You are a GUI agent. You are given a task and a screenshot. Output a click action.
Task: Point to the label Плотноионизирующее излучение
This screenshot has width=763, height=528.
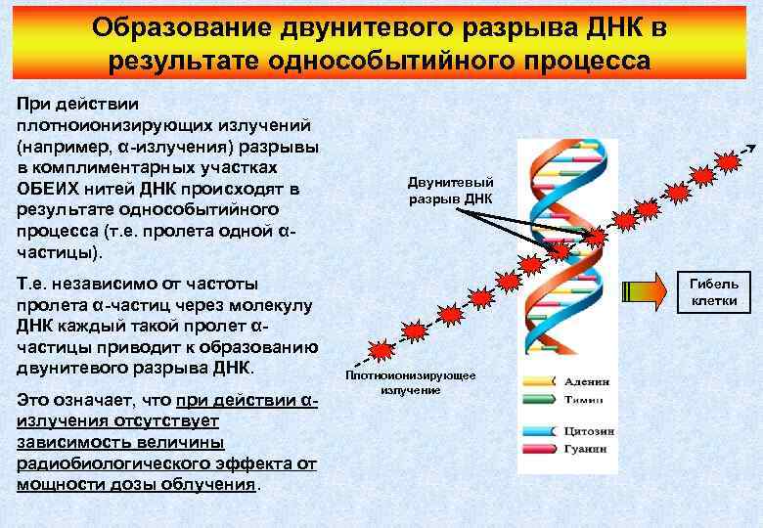pos(410,382)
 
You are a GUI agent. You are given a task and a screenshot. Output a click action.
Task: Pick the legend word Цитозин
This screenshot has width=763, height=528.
pos(590,430)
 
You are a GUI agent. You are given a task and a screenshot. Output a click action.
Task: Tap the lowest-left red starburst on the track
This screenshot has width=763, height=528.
pos(381,348)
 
